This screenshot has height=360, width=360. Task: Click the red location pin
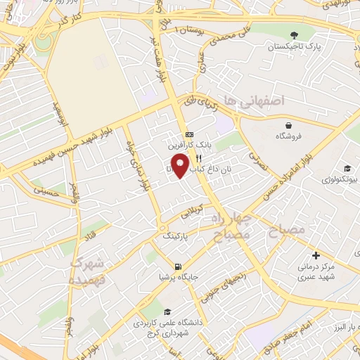coord(181,165)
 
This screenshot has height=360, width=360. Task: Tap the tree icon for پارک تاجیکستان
coord(293,34)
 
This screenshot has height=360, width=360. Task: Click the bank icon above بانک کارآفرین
coord(189,134)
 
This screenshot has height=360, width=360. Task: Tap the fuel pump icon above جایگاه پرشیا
coord(176,266)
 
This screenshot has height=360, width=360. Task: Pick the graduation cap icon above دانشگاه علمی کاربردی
coord(167,312)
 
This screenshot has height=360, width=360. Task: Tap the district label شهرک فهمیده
coord(87,271)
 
